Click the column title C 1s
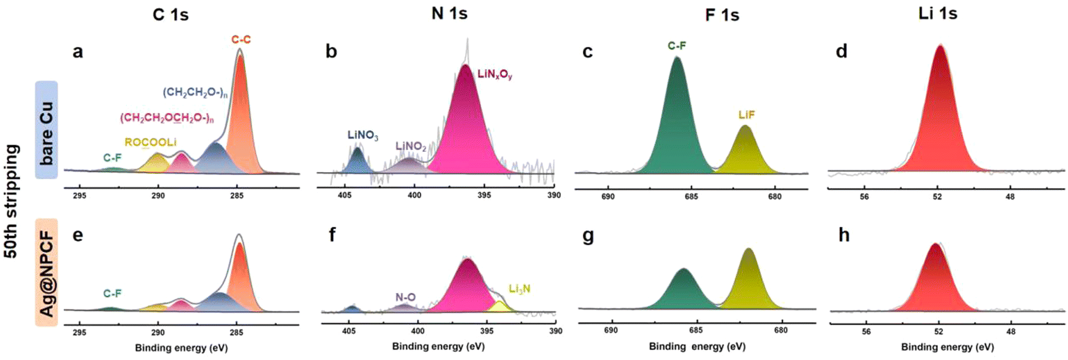click(170, 15)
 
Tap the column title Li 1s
click(937, 13)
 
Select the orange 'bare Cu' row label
click(46, 130)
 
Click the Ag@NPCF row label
click(46, 272)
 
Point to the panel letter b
click(331, 52)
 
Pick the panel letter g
click(588, 236)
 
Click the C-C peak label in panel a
click(240, 40)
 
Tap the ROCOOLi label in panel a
click(150, 142)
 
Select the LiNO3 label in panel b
click(363, 135)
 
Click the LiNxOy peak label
click(494, 75)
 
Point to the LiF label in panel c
click(746, 115)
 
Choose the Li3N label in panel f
click(519, 289)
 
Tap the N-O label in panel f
click(405, 297)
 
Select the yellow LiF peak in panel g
click(749, 281)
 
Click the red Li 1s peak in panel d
click(940, 116)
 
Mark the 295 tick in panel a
click(79, 196)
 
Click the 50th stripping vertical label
click(12, 201)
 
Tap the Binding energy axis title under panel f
click(438, 346)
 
